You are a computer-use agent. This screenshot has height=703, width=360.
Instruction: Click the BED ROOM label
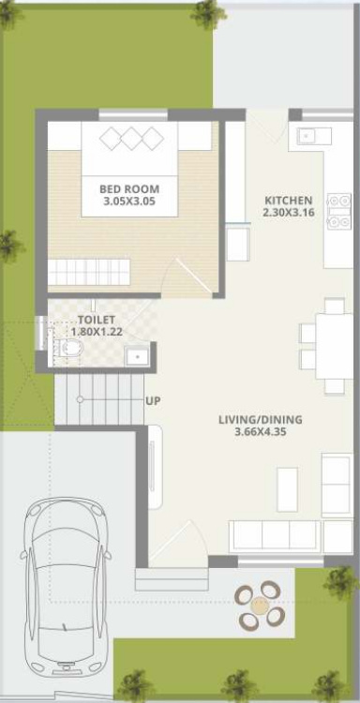tap(129, 188)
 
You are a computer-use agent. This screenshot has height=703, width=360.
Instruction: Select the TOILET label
tap(97, 321)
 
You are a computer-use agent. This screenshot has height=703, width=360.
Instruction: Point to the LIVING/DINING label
tap(260, 420)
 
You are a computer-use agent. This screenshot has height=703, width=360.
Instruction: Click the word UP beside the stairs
tap(153, 401)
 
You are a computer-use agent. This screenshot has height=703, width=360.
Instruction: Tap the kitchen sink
tap(309, 135)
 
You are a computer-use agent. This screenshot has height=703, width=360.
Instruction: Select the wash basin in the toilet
tap(138, 357)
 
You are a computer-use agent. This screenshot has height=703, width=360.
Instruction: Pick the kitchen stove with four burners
tap(339, 211)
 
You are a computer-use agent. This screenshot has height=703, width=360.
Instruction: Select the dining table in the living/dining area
tap(334, 347)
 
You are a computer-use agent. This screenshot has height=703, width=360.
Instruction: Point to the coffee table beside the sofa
tap(288, 489)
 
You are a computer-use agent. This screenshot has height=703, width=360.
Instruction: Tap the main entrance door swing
tap(178, 540)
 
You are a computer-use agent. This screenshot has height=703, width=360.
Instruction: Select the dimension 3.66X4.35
tap(260, 433)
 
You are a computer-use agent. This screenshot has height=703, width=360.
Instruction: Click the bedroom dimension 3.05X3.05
tap(129, 202)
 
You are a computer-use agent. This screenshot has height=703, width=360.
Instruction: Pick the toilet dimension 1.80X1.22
tap(97, 332)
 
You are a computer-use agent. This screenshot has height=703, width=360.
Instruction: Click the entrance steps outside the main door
tap(171, 579)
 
